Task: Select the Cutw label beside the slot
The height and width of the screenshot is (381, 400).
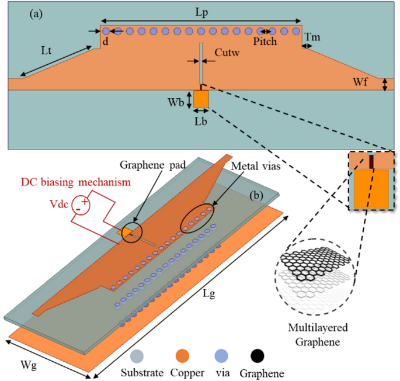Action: coord(225,54)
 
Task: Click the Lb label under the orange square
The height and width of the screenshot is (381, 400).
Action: coord(201,122)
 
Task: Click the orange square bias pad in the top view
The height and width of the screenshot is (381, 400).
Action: coord(201,99)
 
